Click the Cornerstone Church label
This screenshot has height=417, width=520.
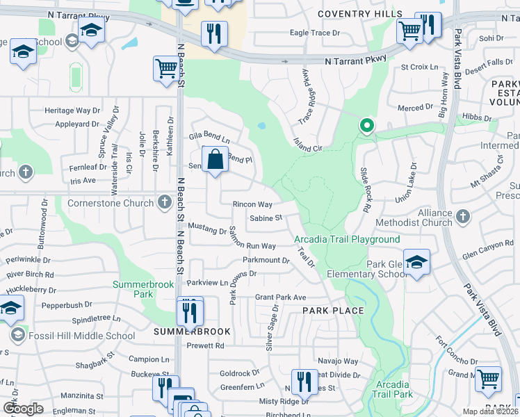point(111,203)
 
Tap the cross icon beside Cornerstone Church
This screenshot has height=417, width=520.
point(164,203)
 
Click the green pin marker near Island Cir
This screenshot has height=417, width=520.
point(366,126)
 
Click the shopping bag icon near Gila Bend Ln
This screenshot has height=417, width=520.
point(216,159)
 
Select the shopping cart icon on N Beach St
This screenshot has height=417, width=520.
point(167,68)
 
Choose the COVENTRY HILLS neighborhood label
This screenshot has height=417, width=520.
point(359,14)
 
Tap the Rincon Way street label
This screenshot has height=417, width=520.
point(252,205)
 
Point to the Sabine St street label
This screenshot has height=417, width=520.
point(265,218)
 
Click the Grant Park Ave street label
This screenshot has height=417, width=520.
point(281,297)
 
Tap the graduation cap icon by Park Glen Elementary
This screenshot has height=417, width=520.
point(416,262)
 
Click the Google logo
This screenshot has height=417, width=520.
point(23,409)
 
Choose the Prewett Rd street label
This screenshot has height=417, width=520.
point(210,345)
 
